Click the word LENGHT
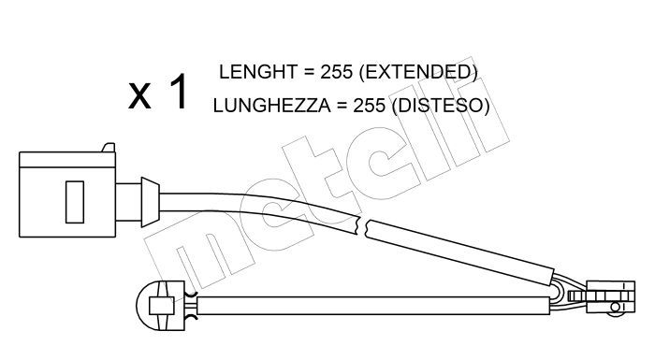pos(257,72)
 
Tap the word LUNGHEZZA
pos(272,106)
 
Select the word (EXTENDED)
pos(418,72)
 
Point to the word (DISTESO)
pos(441,106)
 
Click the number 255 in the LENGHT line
pos(337,72)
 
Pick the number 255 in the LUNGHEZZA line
pos(370,106)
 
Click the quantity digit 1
pos(179,92)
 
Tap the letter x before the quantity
pos(139,95)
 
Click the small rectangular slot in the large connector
pos(75,202)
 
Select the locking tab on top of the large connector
pos(109,148)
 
